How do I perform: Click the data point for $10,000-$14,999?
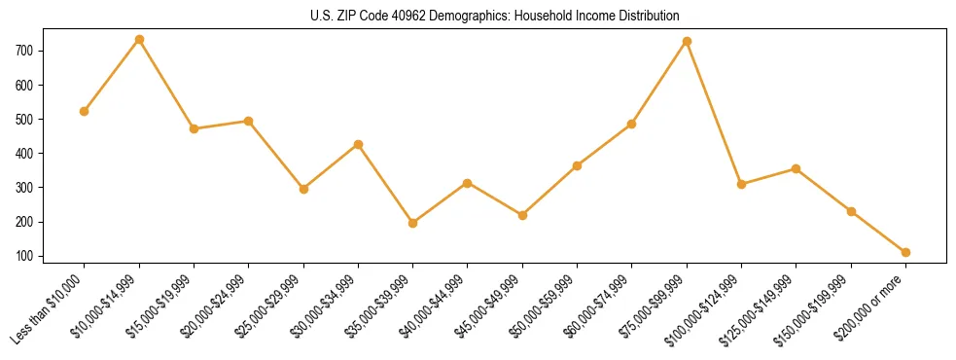click(x=139, y=39)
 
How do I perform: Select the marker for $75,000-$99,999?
click(x=687, y=41)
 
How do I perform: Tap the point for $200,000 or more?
click(x=905, y=252)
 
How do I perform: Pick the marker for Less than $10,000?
click(x=85, y=111)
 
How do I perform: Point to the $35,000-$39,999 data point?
click(x=413, y=223)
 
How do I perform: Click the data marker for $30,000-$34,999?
click(x=358, y=144)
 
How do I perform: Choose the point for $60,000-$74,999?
click(x=632, y=124)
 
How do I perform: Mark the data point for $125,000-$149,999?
click(x=796, y=168)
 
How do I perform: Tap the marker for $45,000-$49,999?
click(x=522, y=215)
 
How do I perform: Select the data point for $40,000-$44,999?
click(x=468, y=183)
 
